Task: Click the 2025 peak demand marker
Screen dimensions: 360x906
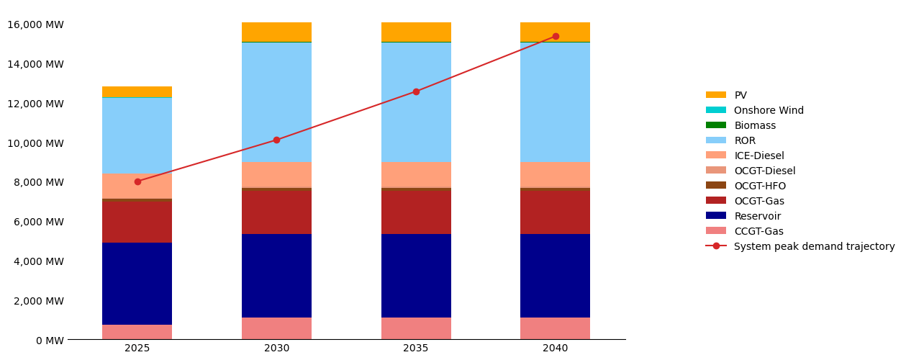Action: coord(137,181)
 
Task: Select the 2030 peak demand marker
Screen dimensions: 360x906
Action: coord(276,140)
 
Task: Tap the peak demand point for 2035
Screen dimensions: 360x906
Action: coord(416,91)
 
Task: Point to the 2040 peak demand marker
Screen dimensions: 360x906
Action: coord(556,36)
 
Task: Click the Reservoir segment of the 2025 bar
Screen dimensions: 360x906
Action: coord(137,284)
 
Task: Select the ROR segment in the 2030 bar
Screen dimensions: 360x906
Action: coord(276,102)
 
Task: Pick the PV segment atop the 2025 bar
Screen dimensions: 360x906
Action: coord(137,92)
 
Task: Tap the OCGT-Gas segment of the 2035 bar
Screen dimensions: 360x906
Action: coord(416,212)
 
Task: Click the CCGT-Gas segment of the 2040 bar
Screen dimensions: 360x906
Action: coord(556,328)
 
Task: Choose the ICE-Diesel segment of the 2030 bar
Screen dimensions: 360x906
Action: coord(276,174)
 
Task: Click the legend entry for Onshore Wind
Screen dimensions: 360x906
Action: coord(769,110)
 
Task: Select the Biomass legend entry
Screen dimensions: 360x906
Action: coord(755,125)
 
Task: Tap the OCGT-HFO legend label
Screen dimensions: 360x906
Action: coord(760,186)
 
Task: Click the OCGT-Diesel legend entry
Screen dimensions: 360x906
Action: coord(764,171)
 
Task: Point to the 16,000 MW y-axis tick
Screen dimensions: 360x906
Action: coord(35,24)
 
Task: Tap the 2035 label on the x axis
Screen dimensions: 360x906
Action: coord(416,348)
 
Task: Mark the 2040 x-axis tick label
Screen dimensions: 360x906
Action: coord(556,348)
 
